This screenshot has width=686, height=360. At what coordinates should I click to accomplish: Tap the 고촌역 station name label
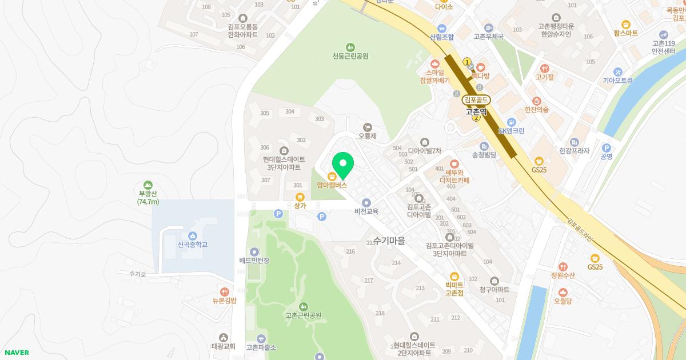(x=476, y=112)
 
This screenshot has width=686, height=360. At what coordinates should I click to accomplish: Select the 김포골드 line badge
(x=476, y=100)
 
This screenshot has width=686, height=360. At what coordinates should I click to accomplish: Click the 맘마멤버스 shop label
(x=332, y=185)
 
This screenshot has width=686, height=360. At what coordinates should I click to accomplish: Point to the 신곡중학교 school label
(x=192, y=245)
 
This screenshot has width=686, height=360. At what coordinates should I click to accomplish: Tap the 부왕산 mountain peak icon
(x=148, y=185)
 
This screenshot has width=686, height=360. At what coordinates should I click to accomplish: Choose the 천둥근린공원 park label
(x=350, y=56)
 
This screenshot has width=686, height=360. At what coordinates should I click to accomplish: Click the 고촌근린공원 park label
(x=303, y=315)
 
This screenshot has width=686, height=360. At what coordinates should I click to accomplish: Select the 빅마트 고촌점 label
(x=454, y=289)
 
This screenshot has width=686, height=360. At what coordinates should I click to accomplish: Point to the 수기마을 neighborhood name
(x=389, y=241)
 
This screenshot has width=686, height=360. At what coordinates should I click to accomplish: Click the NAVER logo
(x=16, y=353)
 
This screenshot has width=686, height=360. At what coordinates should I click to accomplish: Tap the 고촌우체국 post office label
(x=489, y=37)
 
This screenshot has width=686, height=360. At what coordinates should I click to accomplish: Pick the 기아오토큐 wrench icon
(x=617, y=72)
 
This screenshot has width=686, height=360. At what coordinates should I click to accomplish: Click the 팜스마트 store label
(x=625, y=33)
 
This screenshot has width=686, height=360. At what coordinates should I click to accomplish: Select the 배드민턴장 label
(x=254, y=261)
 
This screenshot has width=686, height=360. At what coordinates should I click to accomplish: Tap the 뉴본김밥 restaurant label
(x=224, y=301)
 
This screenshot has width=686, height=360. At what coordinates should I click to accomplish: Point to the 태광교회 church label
(x=223, y=346)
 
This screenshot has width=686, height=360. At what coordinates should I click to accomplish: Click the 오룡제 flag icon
(x=367, y=127)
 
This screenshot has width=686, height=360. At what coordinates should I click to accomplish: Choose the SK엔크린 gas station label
(x=511, y=131)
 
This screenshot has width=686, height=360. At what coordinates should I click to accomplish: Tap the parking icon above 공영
(x=607, y=147)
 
